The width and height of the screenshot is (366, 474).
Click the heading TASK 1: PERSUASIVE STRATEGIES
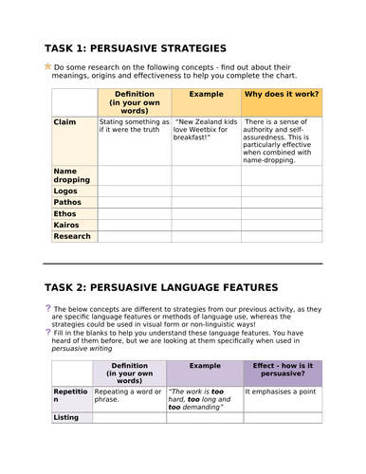click(x=136, y=47)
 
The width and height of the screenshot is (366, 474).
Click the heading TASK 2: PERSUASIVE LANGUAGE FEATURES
click(x=161, y=286)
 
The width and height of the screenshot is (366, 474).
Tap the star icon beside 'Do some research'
click(x=48, y=66)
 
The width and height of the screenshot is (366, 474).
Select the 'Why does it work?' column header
click(x=282, y=96)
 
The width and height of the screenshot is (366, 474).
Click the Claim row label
click(x=65, y=122)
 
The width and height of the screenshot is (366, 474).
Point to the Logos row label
click(x=66, y=191)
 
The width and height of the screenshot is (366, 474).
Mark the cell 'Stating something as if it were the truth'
click(x=134, y=127)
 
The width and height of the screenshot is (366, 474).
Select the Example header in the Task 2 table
click(x=205, y=365)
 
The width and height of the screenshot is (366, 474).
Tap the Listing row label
click(x=66, y=418)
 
